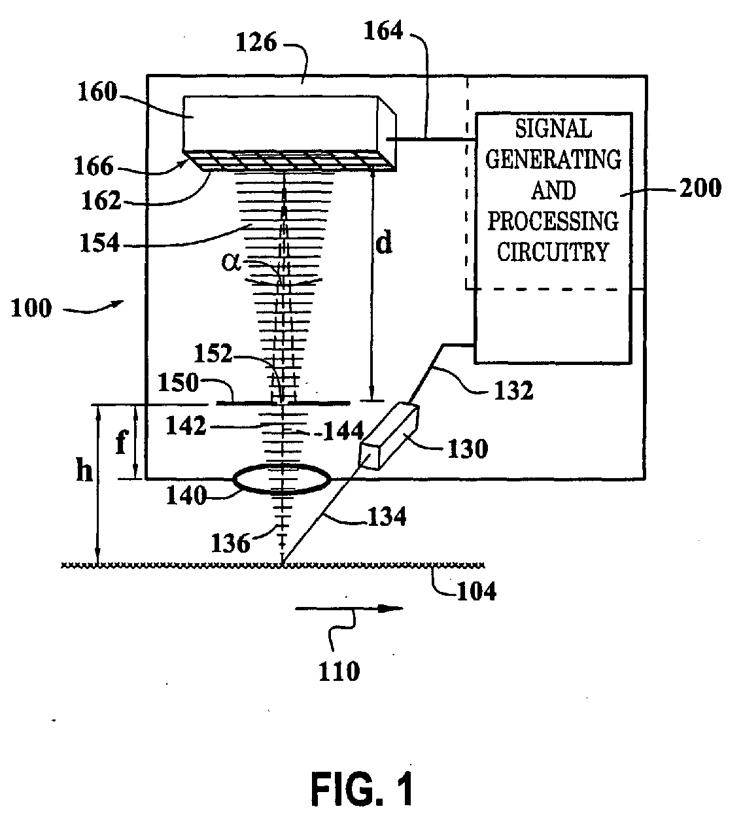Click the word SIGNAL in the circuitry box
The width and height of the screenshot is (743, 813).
click(x=553, y=129)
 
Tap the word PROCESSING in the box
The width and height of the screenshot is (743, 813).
click(x=553, y=221)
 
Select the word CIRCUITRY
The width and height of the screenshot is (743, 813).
click(x=553, y=252)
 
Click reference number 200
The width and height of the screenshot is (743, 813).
click(x=700, y=188)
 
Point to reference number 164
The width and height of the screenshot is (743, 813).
click(x=383, y=31)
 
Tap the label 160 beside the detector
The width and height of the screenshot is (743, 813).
click(x=97, y=92)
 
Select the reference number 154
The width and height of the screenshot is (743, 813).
click(x=99, y=243)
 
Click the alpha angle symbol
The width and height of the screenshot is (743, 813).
click(x=231, y=262)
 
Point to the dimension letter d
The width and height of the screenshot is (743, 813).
click(x=384, y=243)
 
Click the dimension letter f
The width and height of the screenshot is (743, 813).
click(x=121, y=442)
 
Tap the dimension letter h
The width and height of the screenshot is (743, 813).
click(x=84, y=470)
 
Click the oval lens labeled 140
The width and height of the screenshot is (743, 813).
click(x=282, y=479)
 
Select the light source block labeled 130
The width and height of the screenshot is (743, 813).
click(x=389, y=436)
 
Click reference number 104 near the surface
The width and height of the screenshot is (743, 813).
click(x=476, y=591)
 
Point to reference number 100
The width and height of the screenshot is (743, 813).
click(x=31, y=308)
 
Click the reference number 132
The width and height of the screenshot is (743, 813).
click(x=513, y=390)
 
